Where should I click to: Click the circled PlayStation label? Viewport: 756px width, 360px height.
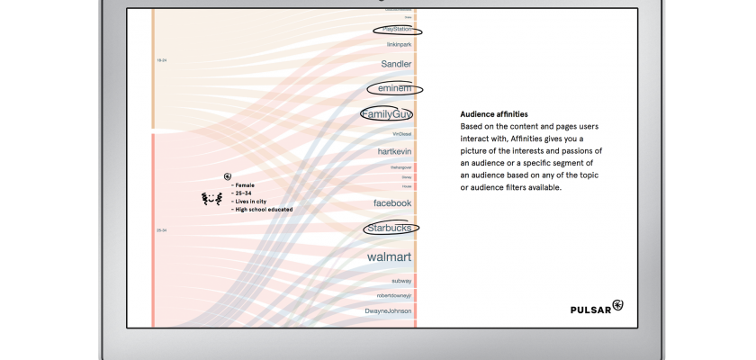tap(397, 29)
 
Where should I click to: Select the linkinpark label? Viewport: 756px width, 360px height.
tap(398, 44)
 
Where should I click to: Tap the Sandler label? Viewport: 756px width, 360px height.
tap(396, 65)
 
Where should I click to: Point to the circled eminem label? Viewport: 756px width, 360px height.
tap(394, 88)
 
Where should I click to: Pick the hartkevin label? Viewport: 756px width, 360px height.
tap(394, 152)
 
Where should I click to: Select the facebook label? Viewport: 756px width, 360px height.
tap(392, 203)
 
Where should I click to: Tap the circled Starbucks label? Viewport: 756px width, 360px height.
tap(390, 229)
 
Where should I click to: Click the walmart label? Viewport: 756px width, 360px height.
tap(389, 257)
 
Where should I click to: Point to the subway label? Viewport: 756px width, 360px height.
tap(401, 281)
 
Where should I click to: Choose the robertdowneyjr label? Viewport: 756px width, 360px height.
tap(394, 295)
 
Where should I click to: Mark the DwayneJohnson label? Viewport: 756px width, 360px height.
tap(388, 311)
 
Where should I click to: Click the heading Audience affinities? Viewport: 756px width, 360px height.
tap(494, 114)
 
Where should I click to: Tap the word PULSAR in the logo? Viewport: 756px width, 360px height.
tap(590, 310)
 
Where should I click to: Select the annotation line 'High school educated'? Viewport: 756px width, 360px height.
tap(262, 210)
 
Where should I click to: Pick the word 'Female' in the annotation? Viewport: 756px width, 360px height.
tap(244, 185)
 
